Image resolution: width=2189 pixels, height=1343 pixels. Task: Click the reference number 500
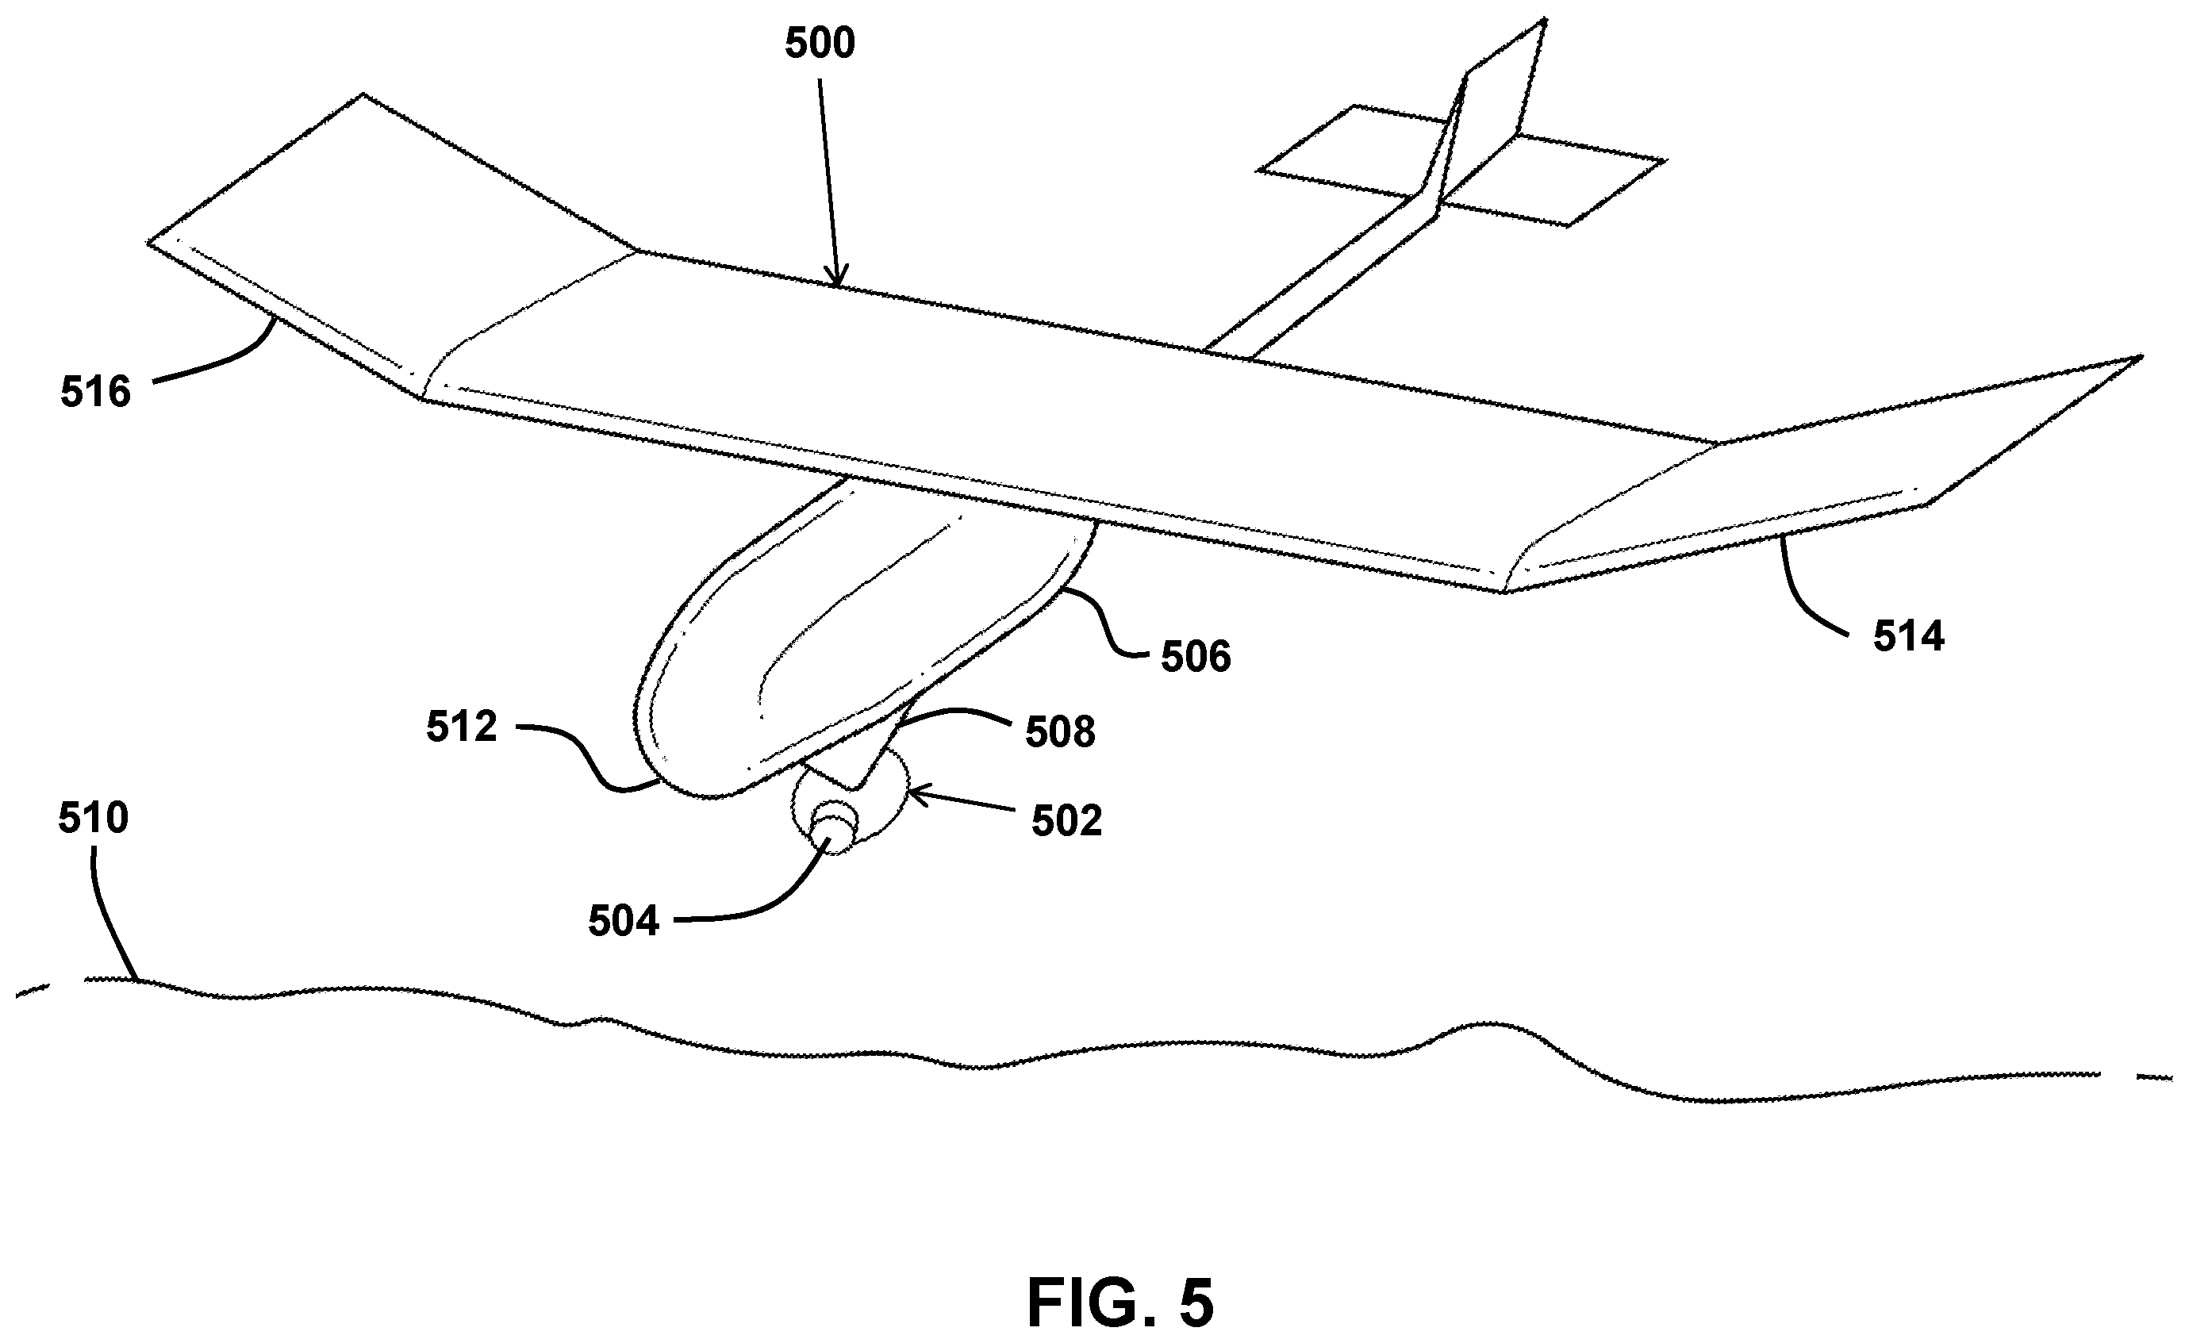(819, 44)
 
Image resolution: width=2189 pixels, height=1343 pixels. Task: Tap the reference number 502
(1066, 822)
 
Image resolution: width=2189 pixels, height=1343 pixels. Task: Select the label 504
(624, 921)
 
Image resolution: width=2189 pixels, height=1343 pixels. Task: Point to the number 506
(1196, 658)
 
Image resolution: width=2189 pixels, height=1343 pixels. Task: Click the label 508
(1060, 732)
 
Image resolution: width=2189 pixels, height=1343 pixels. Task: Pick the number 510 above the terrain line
(94, 818)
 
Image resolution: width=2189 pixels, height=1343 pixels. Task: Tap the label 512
(461, 727)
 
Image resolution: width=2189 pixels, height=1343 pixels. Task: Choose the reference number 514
(1909, 637)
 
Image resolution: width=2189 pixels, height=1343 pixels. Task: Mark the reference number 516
(96, 392)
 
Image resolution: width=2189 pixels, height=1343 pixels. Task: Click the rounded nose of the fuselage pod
(684, 755)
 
